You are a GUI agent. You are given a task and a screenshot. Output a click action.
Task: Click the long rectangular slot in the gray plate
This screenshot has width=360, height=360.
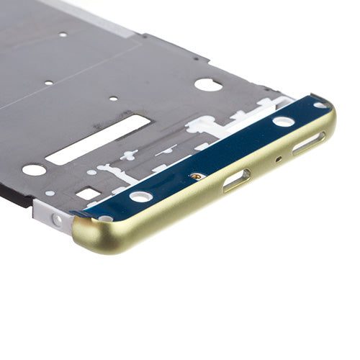(98, 139)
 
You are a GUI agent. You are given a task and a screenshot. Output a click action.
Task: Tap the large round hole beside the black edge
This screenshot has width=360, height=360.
(34, 170)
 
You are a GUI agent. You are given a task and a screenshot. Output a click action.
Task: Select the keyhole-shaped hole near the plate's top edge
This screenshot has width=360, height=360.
(208, 85)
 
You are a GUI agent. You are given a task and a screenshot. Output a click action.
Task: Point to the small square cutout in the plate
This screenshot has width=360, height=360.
(88, 193)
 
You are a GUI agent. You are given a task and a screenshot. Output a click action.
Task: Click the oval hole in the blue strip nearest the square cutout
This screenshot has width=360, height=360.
(141, 196)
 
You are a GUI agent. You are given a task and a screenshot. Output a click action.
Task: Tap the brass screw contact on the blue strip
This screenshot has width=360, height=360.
(194, 176)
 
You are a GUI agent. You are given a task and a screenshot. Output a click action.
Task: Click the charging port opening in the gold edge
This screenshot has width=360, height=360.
(235, 180)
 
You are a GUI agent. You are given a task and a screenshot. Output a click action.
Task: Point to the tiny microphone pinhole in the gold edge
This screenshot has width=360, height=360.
(279, 159)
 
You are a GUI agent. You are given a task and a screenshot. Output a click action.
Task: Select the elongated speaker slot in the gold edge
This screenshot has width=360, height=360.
(308, 142)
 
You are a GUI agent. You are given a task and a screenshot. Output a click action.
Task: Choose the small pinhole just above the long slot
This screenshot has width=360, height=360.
(113, 99)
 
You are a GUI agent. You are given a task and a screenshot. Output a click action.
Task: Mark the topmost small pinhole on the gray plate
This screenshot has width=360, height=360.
(63, 35)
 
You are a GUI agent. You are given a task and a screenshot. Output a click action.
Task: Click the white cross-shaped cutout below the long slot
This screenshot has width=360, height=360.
(130, 155)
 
